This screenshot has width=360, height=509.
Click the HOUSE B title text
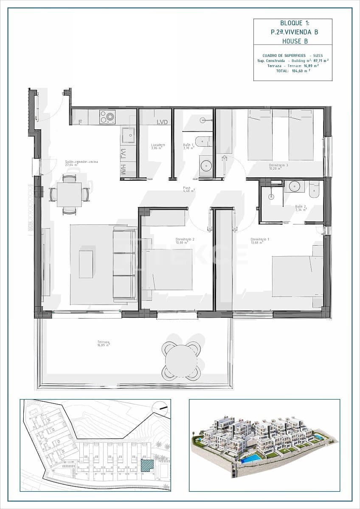293,41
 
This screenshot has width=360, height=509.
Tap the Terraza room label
103,342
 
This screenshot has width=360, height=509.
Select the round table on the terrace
181,361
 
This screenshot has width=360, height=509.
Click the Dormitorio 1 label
259,239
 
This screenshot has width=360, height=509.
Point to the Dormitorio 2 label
185,239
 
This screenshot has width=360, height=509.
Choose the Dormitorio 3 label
278,165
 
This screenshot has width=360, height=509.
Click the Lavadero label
157,145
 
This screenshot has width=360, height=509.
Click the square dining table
69,195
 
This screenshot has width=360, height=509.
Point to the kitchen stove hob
107,116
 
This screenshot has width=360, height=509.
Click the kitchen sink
128,135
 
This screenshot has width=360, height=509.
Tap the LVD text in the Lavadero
162,122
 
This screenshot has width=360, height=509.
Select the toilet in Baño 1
204,141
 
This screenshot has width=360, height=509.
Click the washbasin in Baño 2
293,186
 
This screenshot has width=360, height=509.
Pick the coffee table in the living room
86,264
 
